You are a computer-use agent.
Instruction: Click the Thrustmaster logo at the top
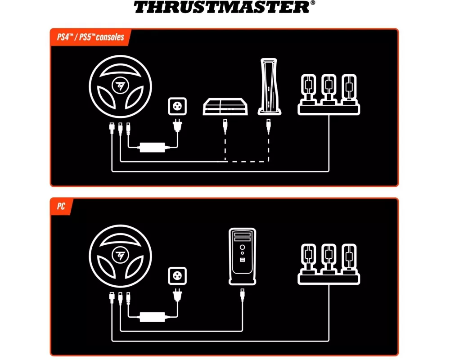(224, 7)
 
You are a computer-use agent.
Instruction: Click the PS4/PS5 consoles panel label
(91, 37)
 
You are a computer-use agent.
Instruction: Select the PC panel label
(61, 206)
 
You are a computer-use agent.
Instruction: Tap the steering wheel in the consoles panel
(120, 86)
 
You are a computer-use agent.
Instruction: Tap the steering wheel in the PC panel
(120, 256)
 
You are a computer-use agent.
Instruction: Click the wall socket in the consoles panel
(177, 106)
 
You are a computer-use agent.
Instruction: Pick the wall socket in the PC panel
(177, 276)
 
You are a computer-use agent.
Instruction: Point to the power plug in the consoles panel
(178, 126)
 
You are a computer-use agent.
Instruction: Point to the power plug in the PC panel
(178, 295)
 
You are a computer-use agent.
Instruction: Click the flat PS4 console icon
(225, 107)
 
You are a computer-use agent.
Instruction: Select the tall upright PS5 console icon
(269, 87)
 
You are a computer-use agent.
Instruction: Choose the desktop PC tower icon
(243, 256)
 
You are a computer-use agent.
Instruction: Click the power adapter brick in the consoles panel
(153, 148)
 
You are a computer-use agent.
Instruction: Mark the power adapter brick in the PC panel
(153, 317)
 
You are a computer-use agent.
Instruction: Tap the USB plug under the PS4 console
(225, 126)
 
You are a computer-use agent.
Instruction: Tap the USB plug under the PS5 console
(269, 126)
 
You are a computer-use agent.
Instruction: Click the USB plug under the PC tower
(243, 296)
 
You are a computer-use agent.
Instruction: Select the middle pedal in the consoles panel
(329, 89)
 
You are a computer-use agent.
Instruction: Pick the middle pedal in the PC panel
(329, 259)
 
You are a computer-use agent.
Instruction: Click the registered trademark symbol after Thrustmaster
(313, 3)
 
